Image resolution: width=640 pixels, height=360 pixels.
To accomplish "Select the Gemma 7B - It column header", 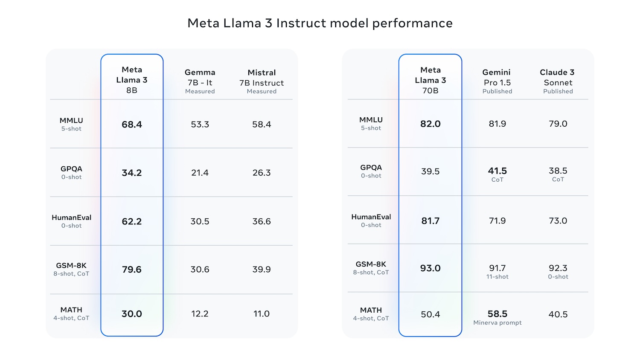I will click(200, 81).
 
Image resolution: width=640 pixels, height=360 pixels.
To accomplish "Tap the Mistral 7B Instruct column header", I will click(262, 81).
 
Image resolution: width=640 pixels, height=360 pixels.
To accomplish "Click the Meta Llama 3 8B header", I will click(132, 80).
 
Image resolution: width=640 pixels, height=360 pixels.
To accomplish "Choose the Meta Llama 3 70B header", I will click(430, 80).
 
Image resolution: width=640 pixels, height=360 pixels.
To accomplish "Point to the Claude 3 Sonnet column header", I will click(558, 81).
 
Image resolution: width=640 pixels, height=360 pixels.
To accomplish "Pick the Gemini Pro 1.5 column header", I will click(497, 81).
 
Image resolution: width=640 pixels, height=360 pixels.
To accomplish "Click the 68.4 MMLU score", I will click(132, 125).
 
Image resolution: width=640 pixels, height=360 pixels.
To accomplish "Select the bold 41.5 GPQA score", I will click(497, 171).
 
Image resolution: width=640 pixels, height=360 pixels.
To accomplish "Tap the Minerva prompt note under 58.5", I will click(497, 323).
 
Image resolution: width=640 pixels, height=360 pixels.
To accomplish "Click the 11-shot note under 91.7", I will click(497, 277).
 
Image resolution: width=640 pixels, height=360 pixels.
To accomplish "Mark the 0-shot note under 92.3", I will click(558, 277).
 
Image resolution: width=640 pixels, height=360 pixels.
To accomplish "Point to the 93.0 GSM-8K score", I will click(430, 268).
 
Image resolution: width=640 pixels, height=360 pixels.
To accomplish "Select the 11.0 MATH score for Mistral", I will click(262, 314).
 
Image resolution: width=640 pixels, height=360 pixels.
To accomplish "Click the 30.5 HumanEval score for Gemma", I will click(200, 221).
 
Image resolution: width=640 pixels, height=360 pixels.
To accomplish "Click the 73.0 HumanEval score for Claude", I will click(558, 221).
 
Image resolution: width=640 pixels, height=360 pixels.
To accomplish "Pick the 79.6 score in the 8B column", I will click(132, 270).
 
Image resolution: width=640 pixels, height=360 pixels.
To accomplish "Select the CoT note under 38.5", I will click(558, 180).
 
